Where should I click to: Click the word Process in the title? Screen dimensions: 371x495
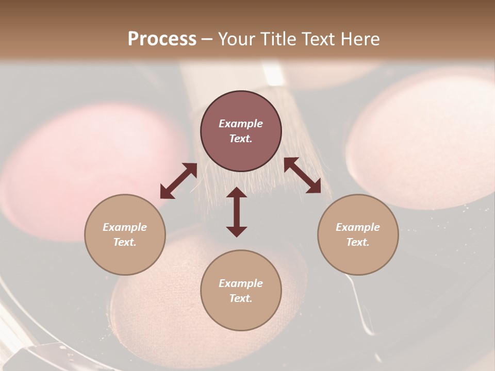click(162, 39)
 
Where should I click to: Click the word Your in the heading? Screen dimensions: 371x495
click(234, 39)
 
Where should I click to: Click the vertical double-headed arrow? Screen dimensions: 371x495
click(237, 212)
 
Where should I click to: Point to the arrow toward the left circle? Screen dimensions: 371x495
click(178, 181)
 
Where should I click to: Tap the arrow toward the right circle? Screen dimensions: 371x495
click(302, 175)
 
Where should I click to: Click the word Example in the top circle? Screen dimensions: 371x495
click(241, 124)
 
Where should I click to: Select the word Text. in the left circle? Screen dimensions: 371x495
click(125, 242)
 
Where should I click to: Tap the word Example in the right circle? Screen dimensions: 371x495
click(358, 227)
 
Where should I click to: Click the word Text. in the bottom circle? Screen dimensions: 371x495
click(241, 298)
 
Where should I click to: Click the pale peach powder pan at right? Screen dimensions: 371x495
click(428, 139)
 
